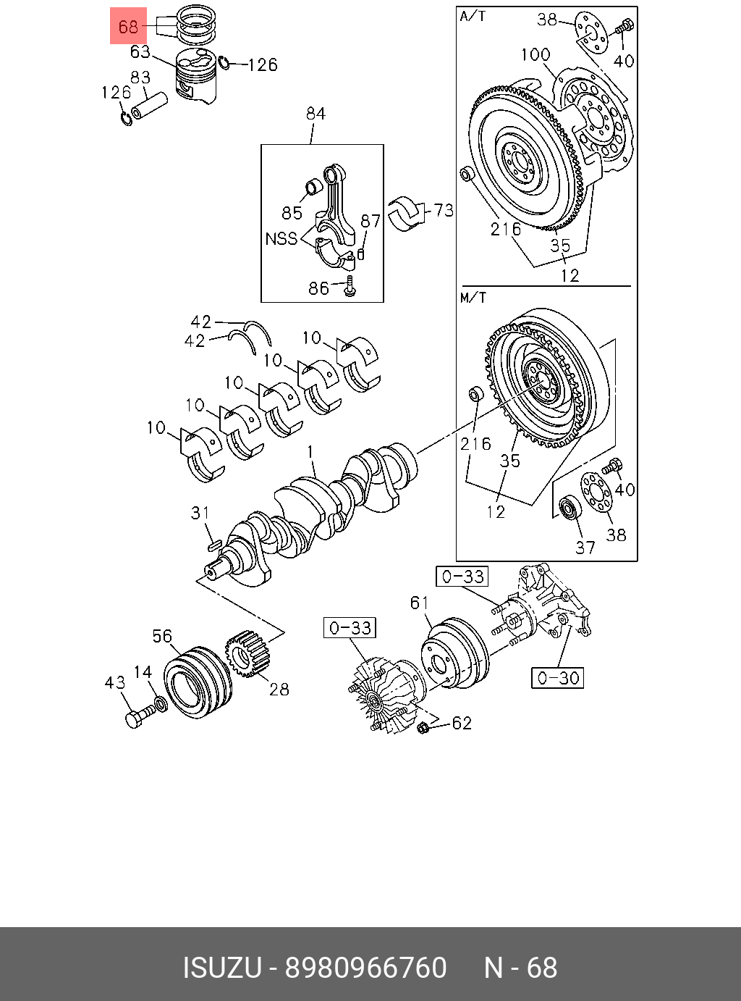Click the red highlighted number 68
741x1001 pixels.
click(x=128, y=27)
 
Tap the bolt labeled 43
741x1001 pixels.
click(x=135, y=718)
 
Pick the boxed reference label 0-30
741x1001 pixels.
click(x=557, y=678)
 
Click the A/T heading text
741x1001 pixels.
click(x=473, y=16)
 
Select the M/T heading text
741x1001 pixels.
click(x=473, y=297)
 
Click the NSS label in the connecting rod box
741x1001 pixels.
click(x=281, y=238)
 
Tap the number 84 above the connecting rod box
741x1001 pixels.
click(x=316, y=114)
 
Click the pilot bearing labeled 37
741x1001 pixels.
click(x=570, y=508)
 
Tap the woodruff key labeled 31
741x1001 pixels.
click(x=213, y=543)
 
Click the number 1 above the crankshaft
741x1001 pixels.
click(x=310, y=453)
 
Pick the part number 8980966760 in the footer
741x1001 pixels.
click(x=366, y=968)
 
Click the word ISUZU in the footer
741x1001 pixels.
click(x=221, y=968)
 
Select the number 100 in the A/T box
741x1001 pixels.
click(x=535, y=54)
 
